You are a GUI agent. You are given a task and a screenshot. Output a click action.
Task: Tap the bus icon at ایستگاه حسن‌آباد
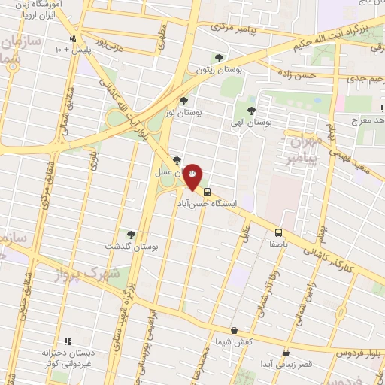[207, 191]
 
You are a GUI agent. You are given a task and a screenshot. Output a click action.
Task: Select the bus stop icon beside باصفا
[278, 232]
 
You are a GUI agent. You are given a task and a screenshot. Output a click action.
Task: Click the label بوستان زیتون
[219, 69]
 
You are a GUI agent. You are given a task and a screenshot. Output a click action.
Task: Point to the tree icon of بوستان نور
[183, 100]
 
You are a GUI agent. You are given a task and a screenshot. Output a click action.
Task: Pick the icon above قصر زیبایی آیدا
[286, 353]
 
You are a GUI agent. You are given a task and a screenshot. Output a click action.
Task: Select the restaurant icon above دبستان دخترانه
[67, 341]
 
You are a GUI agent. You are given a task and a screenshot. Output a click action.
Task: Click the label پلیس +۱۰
[71, 50]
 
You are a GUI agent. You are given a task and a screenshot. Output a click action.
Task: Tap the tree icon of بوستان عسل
[177, 160]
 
